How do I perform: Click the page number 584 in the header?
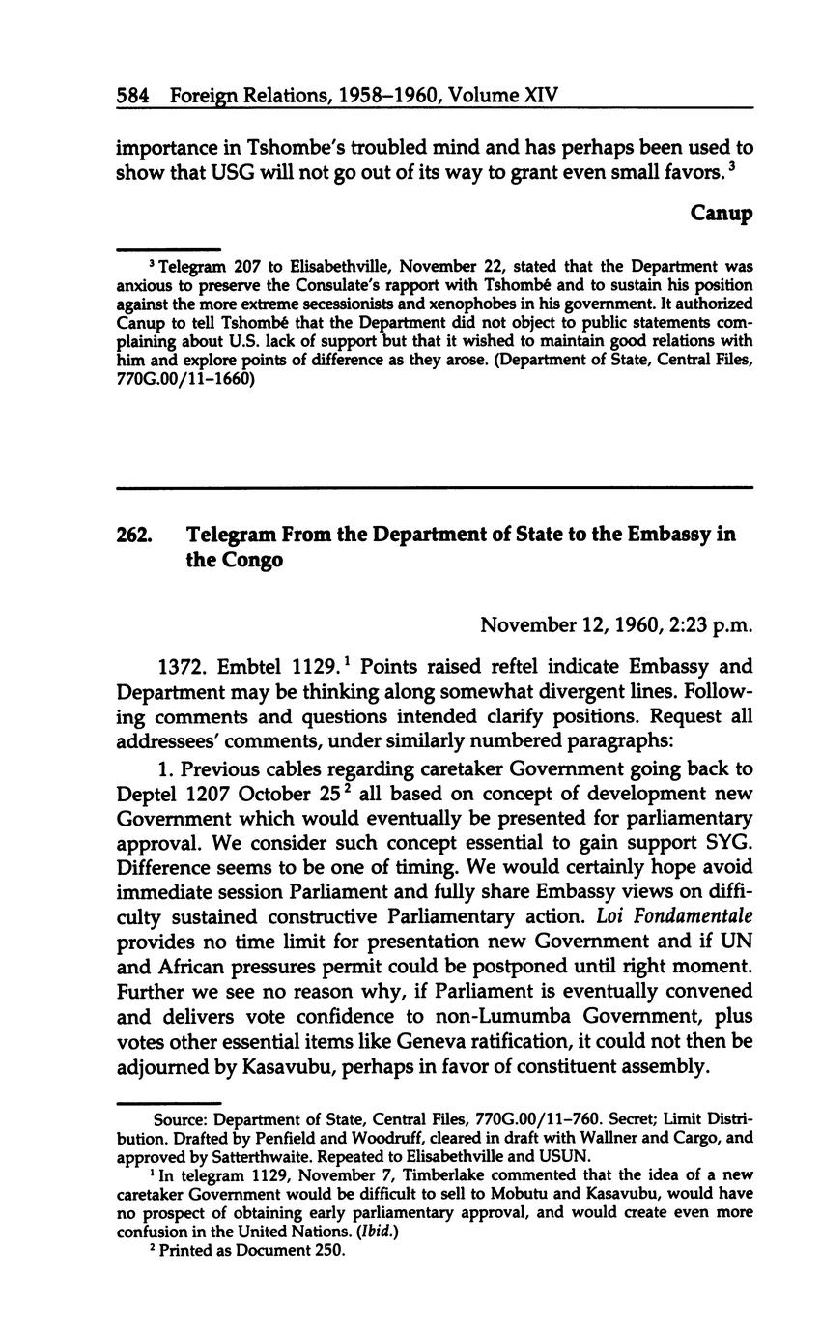(x=131, y=96)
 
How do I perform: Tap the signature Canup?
(x=722, y=213)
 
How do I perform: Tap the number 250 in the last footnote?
(x=329, y=1250)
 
